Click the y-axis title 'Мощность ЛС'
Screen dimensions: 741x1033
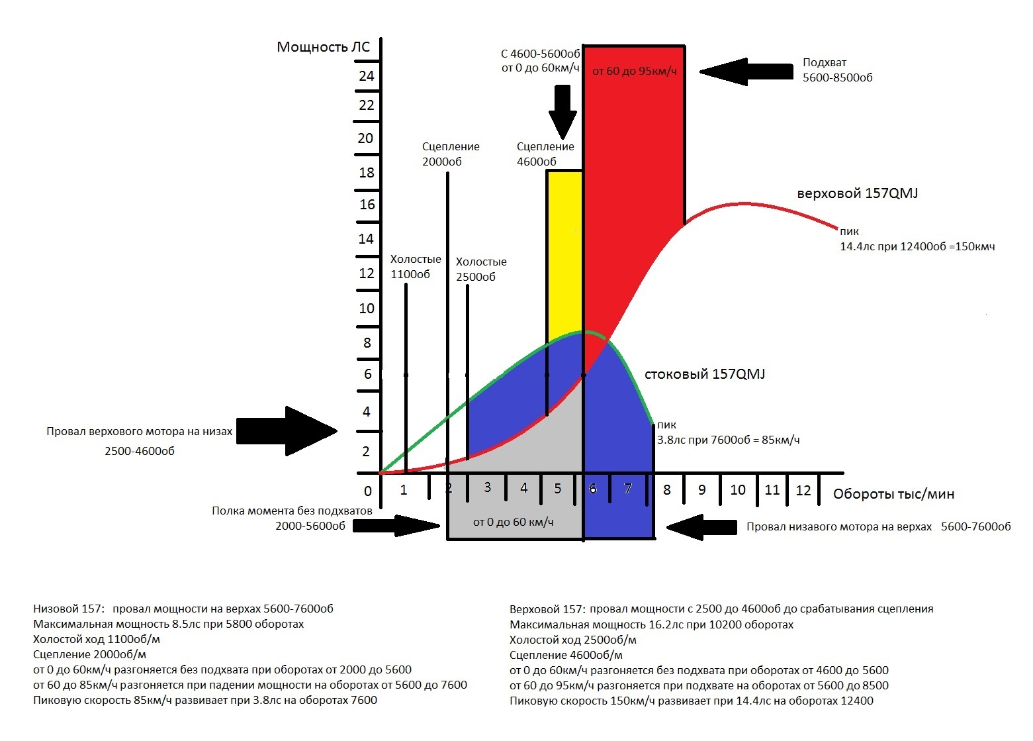click(323, 47)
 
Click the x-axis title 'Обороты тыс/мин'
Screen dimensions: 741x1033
click(893, 494)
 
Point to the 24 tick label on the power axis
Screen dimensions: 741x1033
click(366, 76)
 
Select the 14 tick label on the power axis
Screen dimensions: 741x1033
click(366, 239)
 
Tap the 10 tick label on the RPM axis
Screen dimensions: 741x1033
click(737, 490)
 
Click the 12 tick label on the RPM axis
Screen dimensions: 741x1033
click(803, 490)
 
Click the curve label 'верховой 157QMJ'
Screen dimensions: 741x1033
click(857, 193)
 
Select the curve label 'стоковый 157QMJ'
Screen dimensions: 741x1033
click(704, 374)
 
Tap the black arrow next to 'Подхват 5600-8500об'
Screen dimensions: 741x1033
click(744, 72)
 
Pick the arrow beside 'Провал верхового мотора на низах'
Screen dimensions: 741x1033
click(287, 431)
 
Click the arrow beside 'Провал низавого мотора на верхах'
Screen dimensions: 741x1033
click(701, 527)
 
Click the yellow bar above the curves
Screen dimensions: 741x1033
click(564, 252)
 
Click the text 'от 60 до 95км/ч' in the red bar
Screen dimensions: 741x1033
click(634, 71)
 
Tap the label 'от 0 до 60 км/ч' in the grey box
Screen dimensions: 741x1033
click(513, 522)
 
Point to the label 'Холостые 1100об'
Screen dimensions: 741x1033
click(415, 267)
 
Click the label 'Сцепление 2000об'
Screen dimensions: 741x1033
click(451, 154)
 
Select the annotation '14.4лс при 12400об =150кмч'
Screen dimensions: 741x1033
click(917, 246)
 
